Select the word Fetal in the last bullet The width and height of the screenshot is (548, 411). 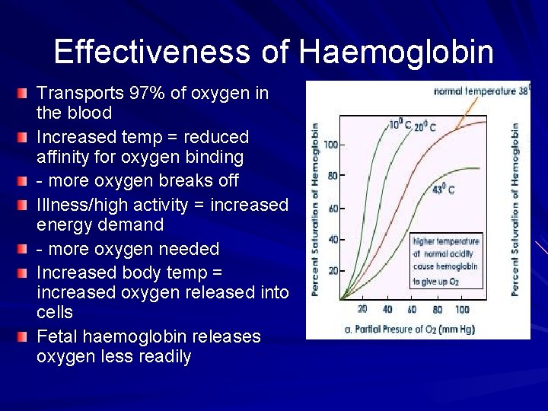click(x=59, y=336)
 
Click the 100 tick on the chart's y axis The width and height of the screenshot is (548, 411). click(x=330, y=144)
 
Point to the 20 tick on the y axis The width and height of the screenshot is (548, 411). click(x=333, y=271)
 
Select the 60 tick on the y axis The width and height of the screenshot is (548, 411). click(x=333, y=208)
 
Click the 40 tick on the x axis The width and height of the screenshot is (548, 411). click(x=387, y=310)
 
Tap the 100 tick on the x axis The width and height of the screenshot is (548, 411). click(x=462, y=310)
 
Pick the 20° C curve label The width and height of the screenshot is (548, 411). click(x=424, y=128)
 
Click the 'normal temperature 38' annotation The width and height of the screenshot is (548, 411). click(x=479, y=91)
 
